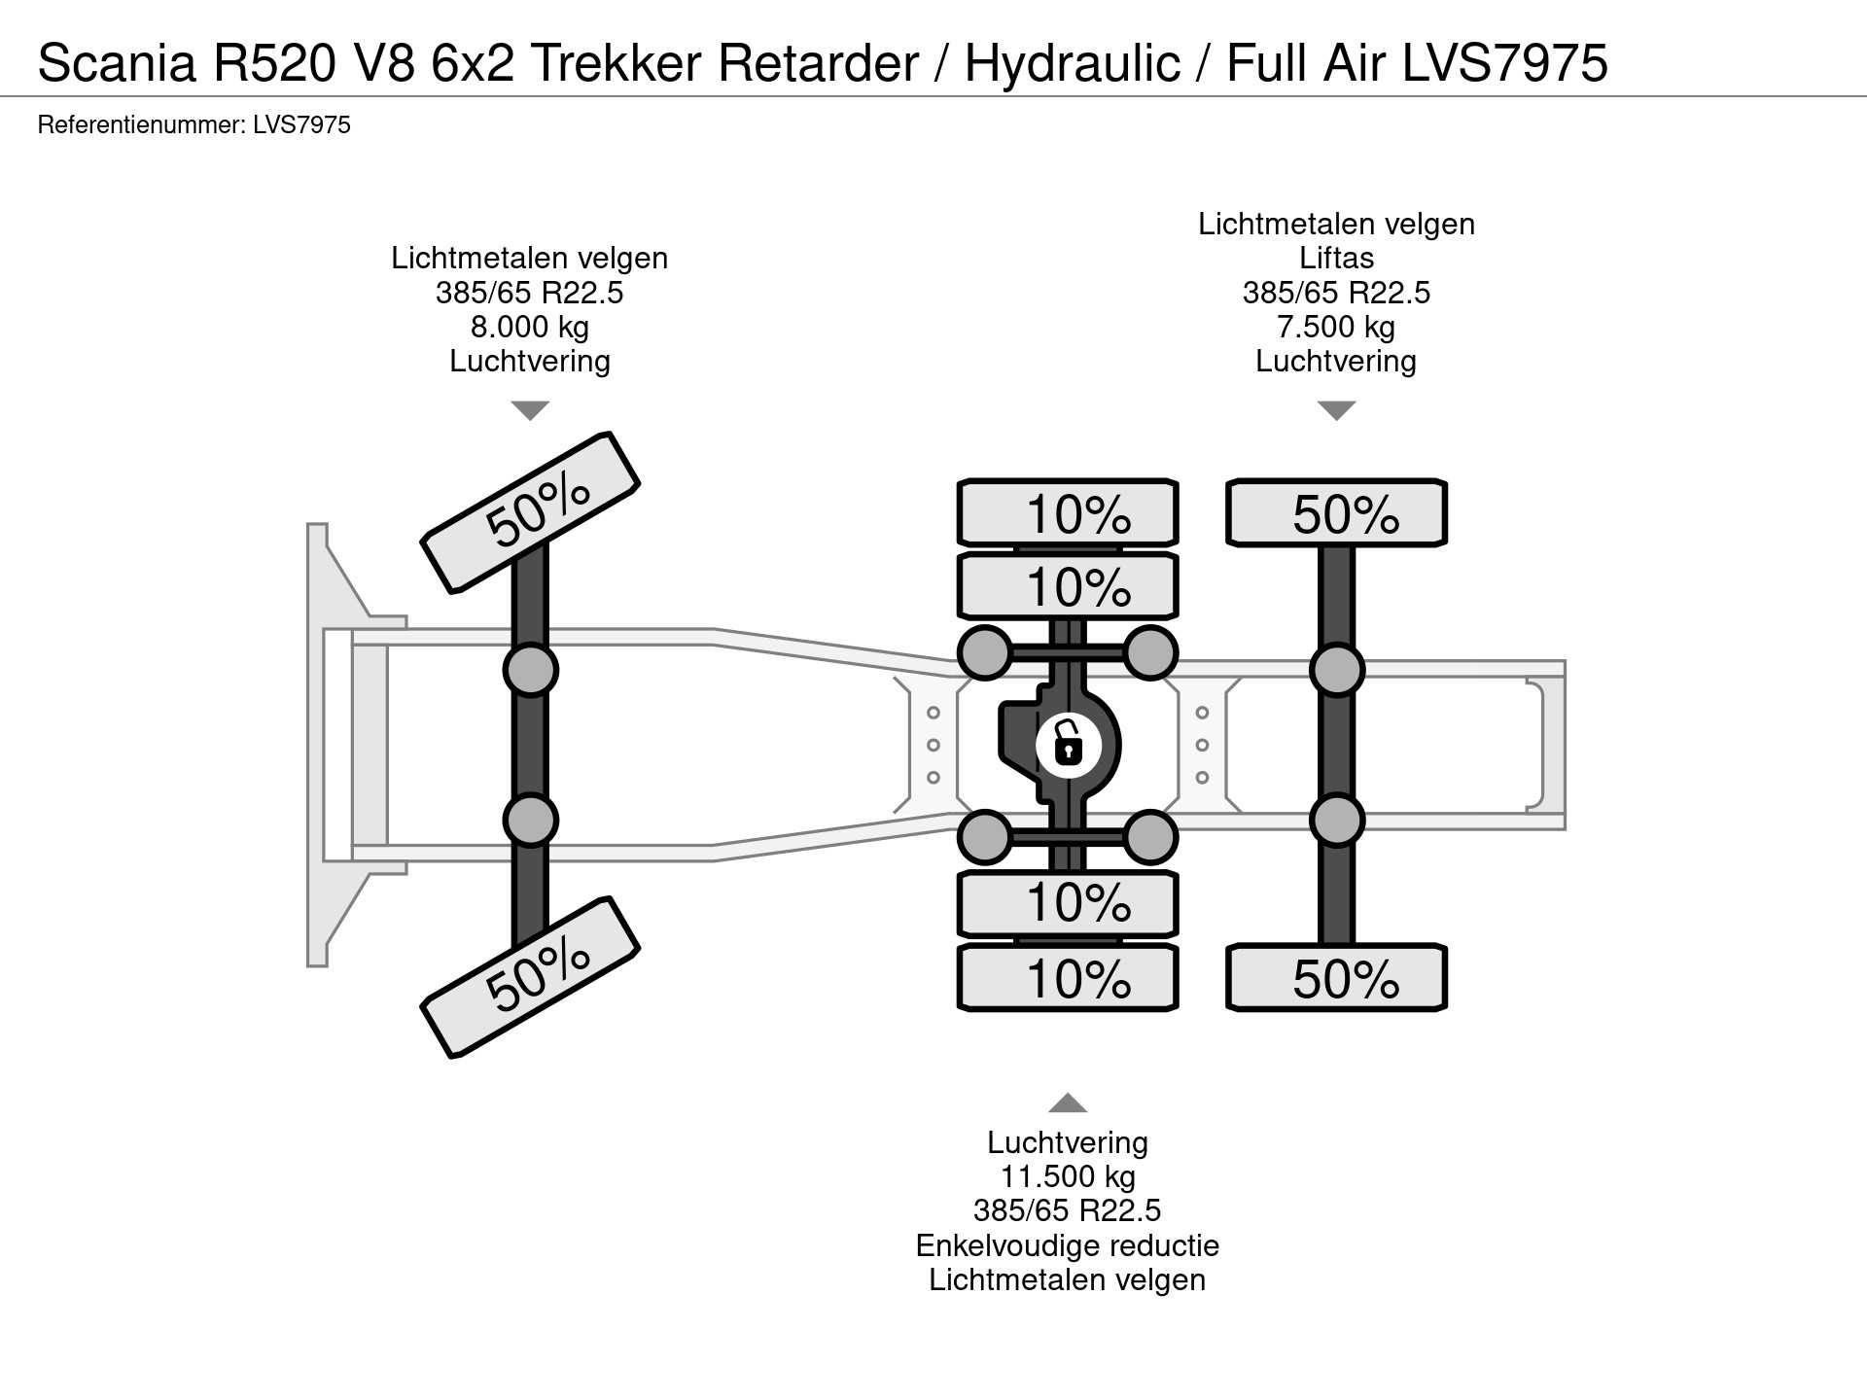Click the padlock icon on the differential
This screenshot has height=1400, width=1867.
(1068, 746)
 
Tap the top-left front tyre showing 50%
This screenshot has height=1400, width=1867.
(530, 511)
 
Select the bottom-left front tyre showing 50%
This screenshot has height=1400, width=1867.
(530, 976)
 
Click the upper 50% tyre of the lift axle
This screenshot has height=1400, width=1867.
(1336, 513)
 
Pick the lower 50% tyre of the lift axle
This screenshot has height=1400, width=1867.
(1336, 978)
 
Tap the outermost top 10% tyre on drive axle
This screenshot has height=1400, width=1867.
(1068, 513)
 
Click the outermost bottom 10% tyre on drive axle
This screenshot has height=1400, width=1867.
(1068, 978)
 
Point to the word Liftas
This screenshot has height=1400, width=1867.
(1336, 259)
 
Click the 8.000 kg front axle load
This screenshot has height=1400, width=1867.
(530, 327)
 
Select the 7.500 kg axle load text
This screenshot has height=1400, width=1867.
(1336, 327)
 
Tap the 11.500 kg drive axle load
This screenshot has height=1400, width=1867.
(1068, 1177)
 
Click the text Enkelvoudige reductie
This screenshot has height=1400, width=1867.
(1068, 1245)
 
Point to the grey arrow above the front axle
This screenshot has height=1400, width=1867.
(530, 410)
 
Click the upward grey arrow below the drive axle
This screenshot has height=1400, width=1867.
(1068, 1102)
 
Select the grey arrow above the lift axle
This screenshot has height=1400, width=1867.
(1336, 410)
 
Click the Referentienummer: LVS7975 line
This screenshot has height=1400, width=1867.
(194, 125)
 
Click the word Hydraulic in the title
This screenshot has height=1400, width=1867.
(1072, 63)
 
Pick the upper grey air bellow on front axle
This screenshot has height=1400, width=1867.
(530, 670)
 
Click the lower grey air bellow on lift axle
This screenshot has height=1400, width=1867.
(1336, 821)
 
